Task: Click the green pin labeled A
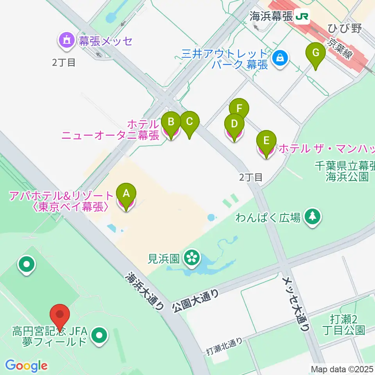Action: pos(126,193)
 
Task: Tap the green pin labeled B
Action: pos(171,122)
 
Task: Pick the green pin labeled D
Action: pos(234,125)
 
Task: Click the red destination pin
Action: pos(60,314)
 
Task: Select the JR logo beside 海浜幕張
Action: pos(302,16)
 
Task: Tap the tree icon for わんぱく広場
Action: pos(312,217)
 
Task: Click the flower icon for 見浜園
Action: pos(192,257)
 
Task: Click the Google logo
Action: pos(26,366)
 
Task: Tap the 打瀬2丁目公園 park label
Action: pos(344,324)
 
